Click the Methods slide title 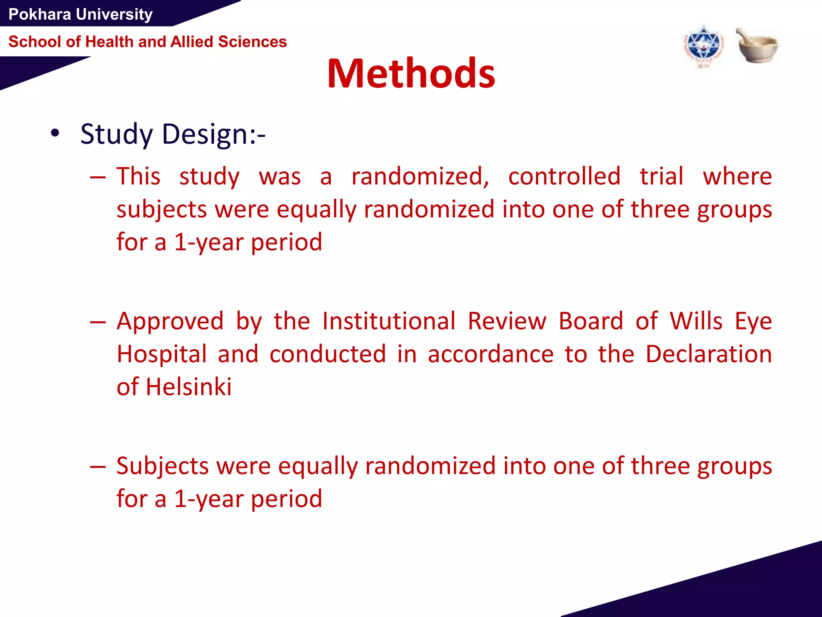(411, 74)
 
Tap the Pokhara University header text (80, 14)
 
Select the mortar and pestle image (757, 45)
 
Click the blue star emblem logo (703, 46)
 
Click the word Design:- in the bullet (214, 134)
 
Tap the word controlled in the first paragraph (564, 176)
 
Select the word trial (661, 176)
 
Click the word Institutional (389, 321)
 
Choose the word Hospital (162, 354)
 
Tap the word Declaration (708, 354)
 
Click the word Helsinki (189, 387)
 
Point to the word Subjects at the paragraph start (163, 466)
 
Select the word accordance (490, 354)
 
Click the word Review (507, 321)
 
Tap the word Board (591, 321)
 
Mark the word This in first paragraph (138, 176)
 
